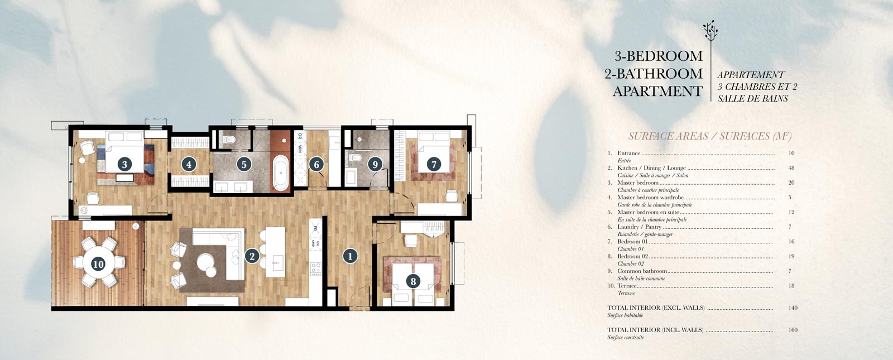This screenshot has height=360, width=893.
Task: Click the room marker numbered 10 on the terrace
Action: pyautogui.click(x=98, y=264)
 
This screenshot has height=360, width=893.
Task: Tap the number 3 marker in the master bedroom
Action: pyautogui.click(x=124, y=164)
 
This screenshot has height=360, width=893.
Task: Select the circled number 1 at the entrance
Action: pyautogui.click(x=350, y=256)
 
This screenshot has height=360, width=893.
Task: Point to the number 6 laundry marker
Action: pyautogui.click(x=316, y=165)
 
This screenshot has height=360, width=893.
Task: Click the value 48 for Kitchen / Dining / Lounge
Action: pyautogui.click(x=791, y=168)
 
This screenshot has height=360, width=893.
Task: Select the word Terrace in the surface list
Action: pyautogui.click(x=627, y=286)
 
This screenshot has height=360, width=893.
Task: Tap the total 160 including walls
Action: pyautogui.click(x=793, y=330)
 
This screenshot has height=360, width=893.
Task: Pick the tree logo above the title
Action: pyautogui.click(x=710, y=32)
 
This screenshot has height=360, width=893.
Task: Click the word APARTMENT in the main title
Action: pyautogui.click(x=657, y=92)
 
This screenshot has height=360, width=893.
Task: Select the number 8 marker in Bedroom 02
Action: pyautogui.click(x=413, y=281)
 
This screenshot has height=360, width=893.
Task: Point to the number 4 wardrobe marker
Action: pyautogui.click(x=189, y=165)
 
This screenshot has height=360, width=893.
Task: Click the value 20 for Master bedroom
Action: pyautogui.click(x=791, y=183)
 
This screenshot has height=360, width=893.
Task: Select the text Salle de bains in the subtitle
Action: pyautogui.click(x=753, y=98)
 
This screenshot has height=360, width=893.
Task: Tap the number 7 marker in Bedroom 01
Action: pyautogui.click(x=434, y=164)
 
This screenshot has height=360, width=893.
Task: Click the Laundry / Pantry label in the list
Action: pyautogui.click(x=639, y=227)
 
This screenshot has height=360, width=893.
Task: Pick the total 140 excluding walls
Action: pyautogui.click(x=793, y=308)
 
